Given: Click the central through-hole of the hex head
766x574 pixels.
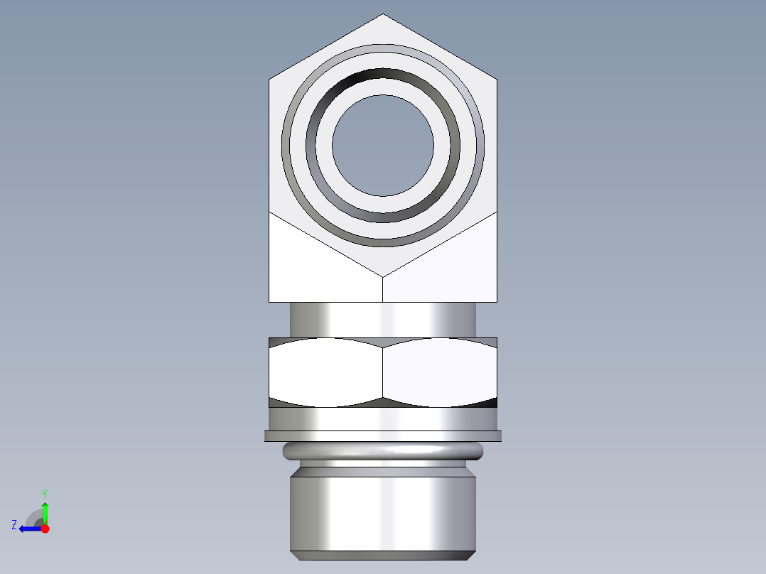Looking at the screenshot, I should pos(382,146).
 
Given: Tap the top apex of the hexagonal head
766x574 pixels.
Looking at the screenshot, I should pos(383,15).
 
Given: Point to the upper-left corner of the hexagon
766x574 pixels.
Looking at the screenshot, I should pos(270,79).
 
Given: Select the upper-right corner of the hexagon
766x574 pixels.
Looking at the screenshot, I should pos(496,79).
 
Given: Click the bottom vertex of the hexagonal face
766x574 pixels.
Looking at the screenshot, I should pos(383,276).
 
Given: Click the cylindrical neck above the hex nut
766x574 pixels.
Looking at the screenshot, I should pos(382,319).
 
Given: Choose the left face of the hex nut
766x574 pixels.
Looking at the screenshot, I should pos(325,372).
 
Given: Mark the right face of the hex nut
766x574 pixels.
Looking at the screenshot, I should pos(439,372).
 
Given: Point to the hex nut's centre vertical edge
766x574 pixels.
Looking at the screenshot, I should pos(383,372).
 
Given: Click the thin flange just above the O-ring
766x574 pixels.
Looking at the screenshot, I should pos(382,436).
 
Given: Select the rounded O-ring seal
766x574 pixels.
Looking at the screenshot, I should pos(382,450).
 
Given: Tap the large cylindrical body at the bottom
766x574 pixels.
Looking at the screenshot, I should pos(382,511).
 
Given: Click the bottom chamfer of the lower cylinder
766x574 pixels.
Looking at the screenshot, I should pos(382,556).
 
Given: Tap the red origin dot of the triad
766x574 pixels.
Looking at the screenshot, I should pos(45,529).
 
